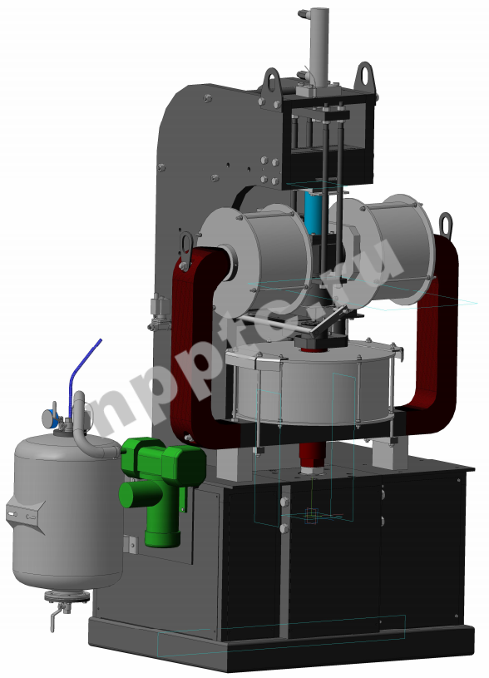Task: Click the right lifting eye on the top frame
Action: click(x=365, y=77)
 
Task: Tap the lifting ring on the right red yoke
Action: click(x=446, y=225)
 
